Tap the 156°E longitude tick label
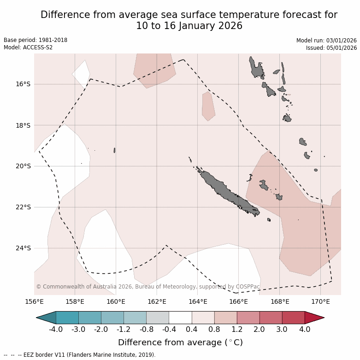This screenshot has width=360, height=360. tap(34, 302)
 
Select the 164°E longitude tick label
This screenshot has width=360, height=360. tap(198, 302)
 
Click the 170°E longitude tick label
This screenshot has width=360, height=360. tap(320, 302)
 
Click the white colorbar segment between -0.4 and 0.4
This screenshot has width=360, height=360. tap(180, 318)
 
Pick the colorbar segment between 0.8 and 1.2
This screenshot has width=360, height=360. tap(225, 318)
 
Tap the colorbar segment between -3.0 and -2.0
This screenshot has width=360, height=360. tap(90, 318)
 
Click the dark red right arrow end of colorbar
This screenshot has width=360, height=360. tap(314, 318)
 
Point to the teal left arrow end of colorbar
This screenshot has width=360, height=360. tap(46, 318)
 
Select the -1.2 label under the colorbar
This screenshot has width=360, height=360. tap(124, 330)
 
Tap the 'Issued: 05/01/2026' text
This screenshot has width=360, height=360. tap(331, 48)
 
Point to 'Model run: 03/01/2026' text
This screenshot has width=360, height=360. tap(326, 41)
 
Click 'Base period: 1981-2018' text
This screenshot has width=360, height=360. tap(35, 40)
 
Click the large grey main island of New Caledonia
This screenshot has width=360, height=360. tap(226, 191)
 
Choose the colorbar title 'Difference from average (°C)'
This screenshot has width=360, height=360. tap(180, 342)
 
